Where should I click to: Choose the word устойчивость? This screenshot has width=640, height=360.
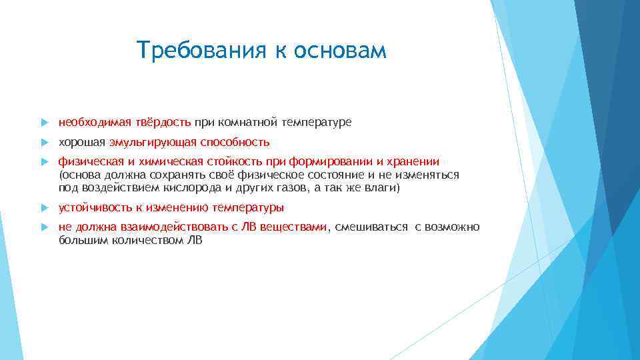(x=92, y=207)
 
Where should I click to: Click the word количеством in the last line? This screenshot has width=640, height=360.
(x=137, y=240)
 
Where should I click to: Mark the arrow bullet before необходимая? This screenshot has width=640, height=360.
(x=43, y=123)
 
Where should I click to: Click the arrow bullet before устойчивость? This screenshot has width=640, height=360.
(x=43, y=208)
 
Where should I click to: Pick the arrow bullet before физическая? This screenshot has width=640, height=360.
(x=43, y=162)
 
